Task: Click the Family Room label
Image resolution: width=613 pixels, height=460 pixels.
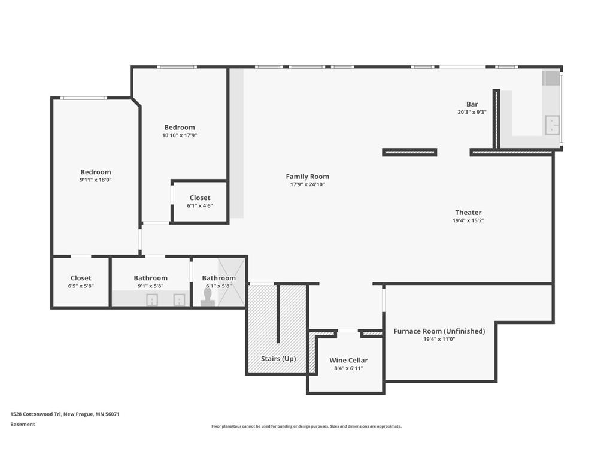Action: click(307, 177)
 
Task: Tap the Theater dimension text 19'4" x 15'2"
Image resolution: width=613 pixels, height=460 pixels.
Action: click(468, 220)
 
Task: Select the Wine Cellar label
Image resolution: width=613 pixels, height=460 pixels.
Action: click(348, 360)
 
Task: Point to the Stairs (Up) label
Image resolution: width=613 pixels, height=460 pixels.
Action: click(278, 359)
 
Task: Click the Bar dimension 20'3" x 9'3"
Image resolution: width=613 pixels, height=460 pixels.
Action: click(472, 112)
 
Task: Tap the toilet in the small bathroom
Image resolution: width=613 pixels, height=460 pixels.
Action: click(208, 297)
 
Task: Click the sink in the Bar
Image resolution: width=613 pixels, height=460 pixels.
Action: click(552, 125)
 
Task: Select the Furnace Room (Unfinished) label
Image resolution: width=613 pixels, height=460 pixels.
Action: click(439, 331)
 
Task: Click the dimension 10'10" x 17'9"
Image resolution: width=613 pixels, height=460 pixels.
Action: click(180, 135)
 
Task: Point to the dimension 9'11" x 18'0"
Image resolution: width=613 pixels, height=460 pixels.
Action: click(96, 180)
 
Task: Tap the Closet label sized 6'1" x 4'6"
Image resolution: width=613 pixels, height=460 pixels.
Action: click(200, 198)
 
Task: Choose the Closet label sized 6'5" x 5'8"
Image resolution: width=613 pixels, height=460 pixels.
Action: click(81, 278)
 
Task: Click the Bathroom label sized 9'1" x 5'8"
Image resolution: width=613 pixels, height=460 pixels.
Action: click(150, 278)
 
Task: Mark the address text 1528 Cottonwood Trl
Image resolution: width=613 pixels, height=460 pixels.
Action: click(36, 414)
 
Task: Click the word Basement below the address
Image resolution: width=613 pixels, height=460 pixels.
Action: click(23, 425)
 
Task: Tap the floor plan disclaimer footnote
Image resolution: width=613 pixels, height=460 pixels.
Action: click(306, 426)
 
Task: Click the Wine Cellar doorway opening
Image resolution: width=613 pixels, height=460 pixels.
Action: click(348, 331)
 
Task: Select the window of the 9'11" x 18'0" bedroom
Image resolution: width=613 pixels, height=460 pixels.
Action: click(83, 98)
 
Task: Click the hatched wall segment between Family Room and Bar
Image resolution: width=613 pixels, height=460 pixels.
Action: click(409, 152)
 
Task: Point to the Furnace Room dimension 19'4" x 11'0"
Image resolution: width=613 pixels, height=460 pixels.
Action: click(439, 339)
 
